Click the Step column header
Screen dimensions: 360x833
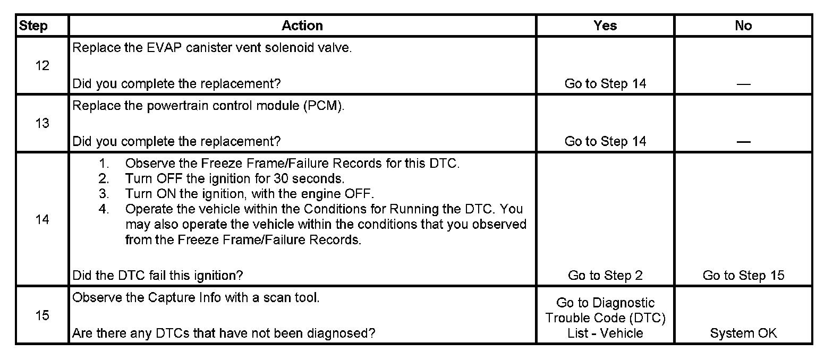(x=33, y=26)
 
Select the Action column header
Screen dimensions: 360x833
(x=302, y=26)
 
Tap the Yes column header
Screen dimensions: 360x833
(x=605, y=26)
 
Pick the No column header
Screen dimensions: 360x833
(x=743, y=26)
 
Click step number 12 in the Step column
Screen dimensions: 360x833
(x=42, y=66)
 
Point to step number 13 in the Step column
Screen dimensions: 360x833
(x=42, y=123)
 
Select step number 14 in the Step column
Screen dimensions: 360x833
(x=42, y=219)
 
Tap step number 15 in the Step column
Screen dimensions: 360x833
(x=42, y=315)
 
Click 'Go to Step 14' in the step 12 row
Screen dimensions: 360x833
(x=605, y=84)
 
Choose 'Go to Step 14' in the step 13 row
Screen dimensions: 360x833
(x=605, y=141)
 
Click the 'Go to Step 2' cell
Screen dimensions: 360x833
(x=605, y=276)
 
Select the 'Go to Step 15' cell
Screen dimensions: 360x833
(x=743, y=276)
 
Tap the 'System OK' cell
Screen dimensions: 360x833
(x=743, y=333)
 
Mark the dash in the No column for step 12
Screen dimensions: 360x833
(x=743, y=85)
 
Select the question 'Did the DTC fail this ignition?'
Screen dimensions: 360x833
(x=158, y=276)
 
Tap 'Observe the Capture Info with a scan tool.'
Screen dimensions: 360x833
(x=195, y=297)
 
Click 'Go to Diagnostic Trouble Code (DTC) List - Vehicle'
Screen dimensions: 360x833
(x=605, y=318)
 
